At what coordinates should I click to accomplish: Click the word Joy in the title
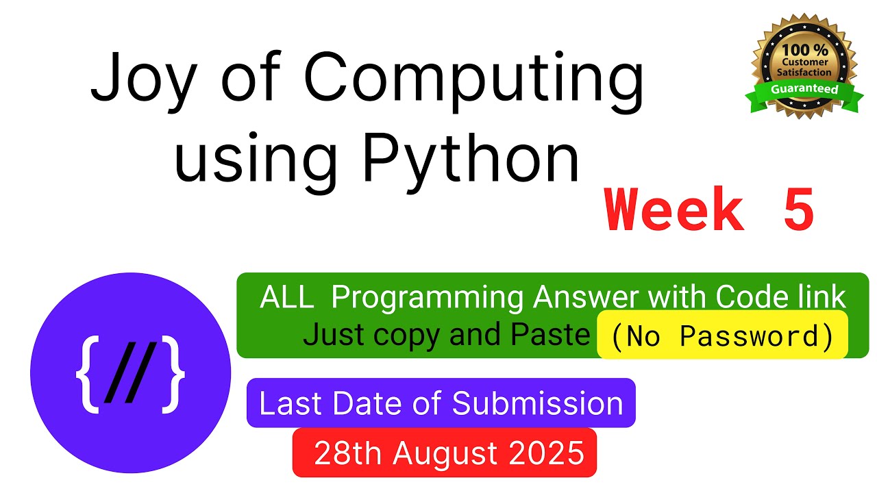tap(134, 80)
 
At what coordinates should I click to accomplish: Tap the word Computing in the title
tap(473, 80)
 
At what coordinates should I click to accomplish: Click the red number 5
tap(798, 212)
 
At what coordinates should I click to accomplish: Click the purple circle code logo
tap(130, 372)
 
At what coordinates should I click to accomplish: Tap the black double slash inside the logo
tap(130, 374)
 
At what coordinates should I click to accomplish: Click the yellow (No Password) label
tap(722, 336)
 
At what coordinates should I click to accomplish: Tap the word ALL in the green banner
tap(287, 299)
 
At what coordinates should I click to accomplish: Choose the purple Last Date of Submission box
tap(441, 403)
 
